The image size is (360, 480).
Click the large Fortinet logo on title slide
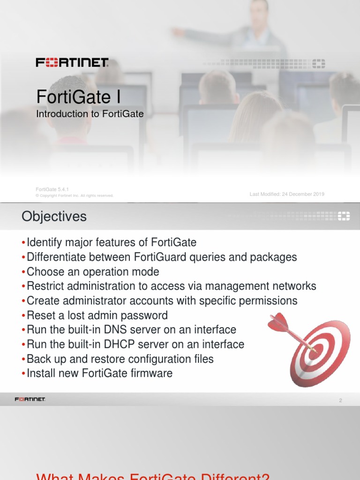pyautogui.click(x=72, y=62)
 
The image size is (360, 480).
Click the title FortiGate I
pyautogui.click(x=78, y=97)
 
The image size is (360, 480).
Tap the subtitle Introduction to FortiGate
pyautogui.click(x=90, y=114)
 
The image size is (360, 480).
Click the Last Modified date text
pyautogui.click(x=287, y=194)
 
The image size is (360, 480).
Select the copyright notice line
pyautogui.click(x=75, y=195)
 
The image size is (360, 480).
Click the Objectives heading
pyautogui.click(x=54, y=217)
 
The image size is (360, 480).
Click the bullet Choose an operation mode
pyautogui.click(x=93, y=271)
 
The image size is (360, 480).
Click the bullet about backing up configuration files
pyautogui.click(x=120, y=359)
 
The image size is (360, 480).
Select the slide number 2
pyautogui.click(x=340, y=400)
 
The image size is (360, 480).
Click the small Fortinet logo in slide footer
pyautogui.click(x=30, y=399)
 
